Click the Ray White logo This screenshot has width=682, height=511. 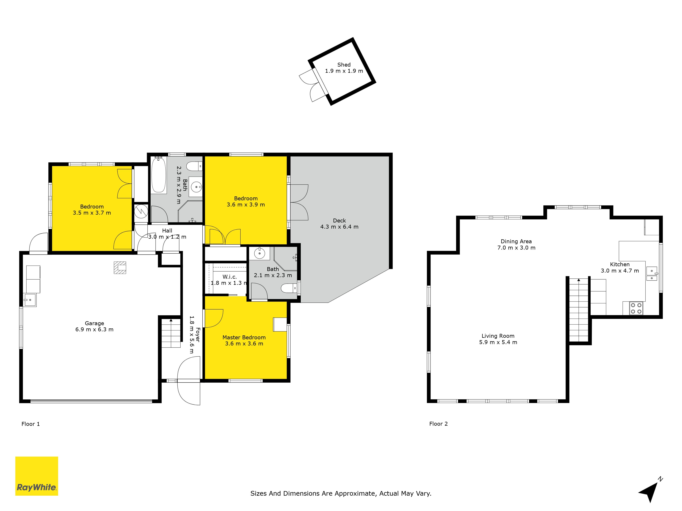pyautogui.click(x=37, y=476)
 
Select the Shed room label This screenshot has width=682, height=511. pyautogui.click(x=344, y=65)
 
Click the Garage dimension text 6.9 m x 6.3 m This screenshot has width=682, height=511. pyautogui.click(x=94, y=330)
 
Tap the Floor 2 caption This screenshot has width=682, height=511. pyautogui.click(x=438, y=424)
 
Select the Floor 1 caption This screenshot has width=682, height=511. pyautogui.click(x=31, y=424)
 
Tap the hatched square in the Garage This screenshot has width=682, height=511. pyautogui.click(x=120, y=267)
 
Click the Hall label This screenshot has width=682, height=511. pyautogui.click(x=167, y=230)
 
